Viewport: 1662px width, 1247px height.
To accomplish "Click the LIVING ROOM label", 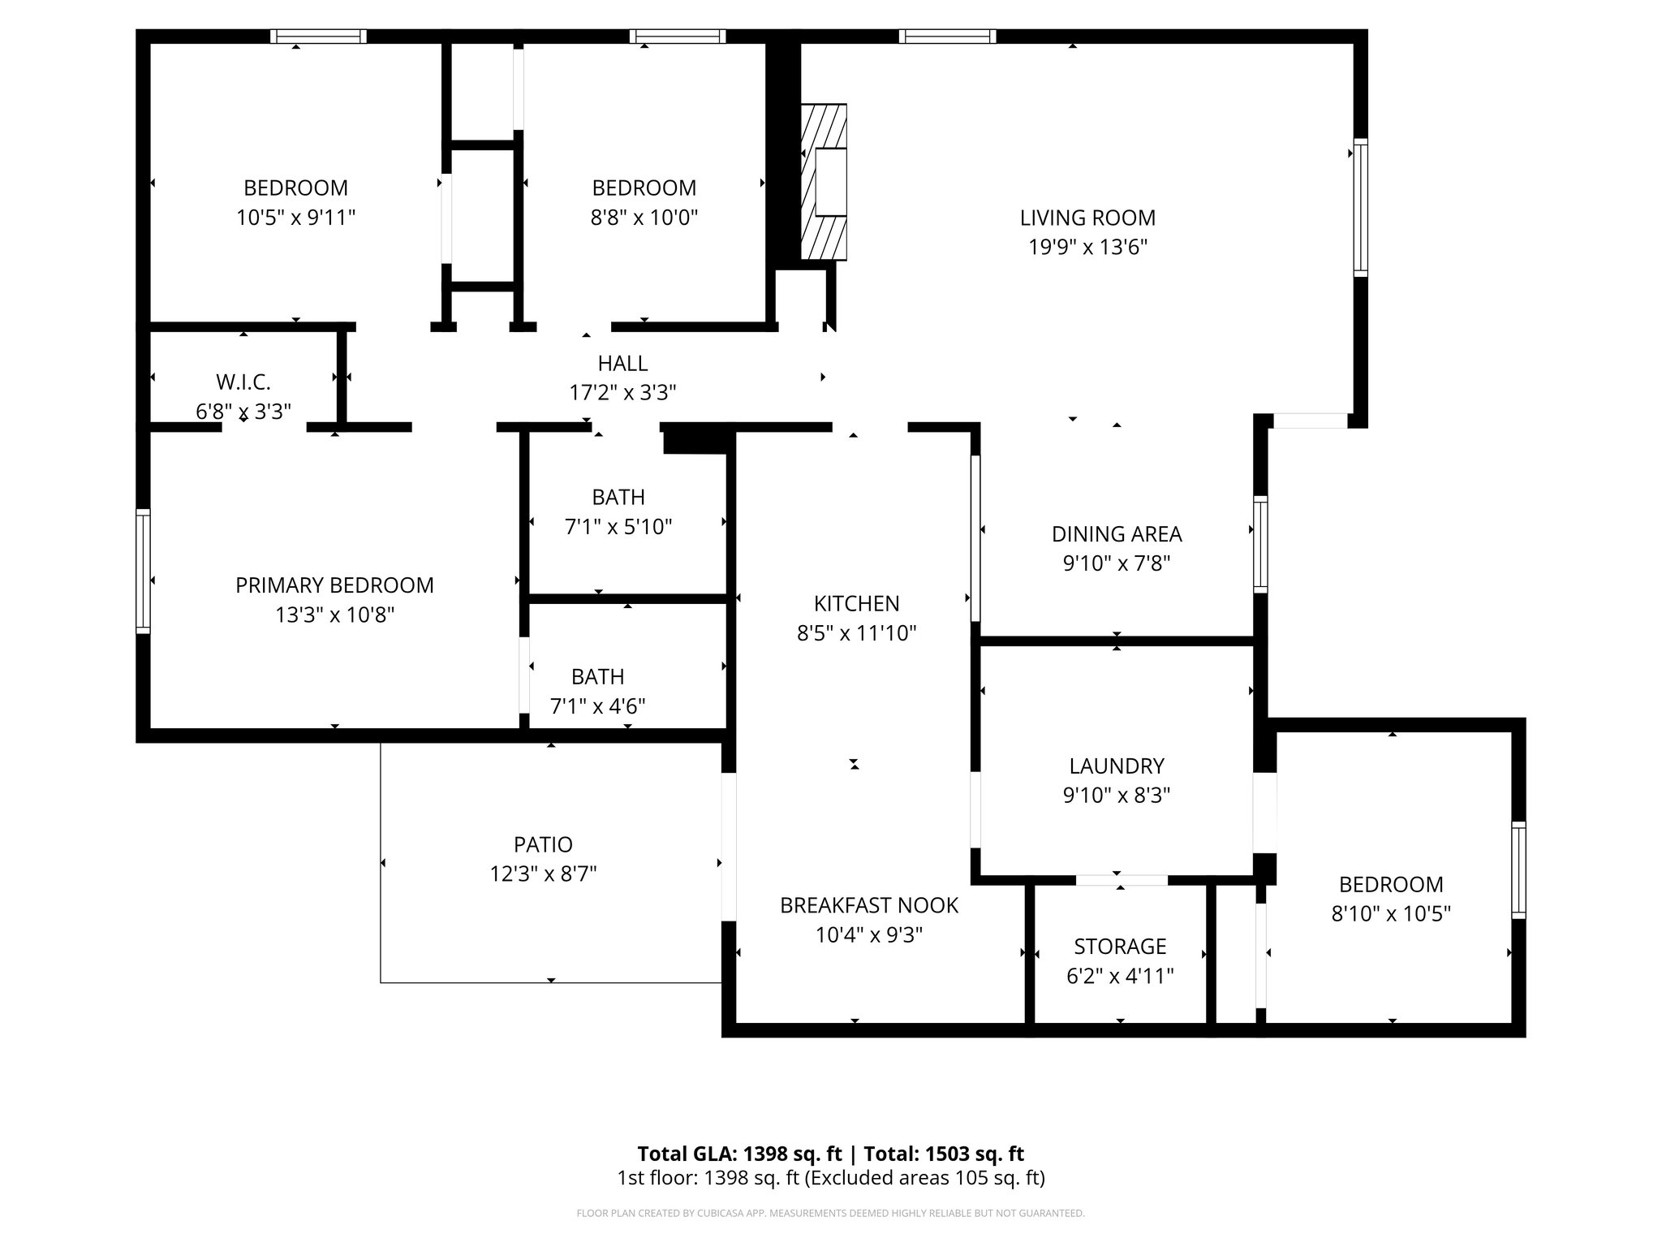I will click(1087, 218).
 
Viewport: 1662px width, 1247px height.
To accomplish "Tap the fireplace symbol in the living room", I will click(825, 182).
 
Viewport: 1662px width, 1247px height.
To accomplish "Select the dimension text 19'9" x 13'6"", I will click(1087, 248).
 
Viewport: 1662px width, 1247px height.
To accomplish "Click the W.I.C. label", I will click(243, 382).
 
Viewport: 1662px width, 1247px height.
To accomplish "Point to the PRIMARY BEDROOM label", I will click(334, 585).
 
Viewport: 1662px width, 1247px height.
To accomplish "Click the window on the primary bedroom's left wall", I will click(143, 571).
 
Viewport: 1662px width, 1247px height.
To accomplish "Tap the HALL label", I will click(622, 363).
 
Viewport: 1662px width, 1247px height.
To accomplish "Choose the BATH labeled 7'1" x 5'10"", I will click(618, 497).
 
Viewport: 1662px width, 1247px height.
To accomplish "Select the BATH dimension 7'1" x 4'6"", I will click(598, 706).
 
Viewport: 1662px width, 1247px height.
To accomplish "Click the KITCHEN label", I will click(856, 603).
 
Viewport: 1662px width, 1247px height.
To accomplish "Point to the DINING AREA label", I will click(1117, 534).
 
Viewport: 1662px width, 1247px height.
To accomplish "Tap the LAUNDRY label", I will click(1117, 766).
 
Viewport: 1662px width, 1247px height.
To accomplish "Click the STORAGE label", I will click(1120, 946).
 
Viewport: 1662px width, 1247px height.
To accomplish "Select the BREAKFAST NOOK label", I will click(869, 905).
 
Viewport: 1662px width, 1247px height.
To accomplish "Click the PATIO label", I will click(543, 844).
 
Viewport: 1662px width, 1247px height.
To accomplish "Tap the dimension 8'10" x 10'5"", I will click(1391, 914).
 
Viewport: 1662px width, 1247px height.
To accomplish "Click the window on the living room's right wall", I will click(1360, 208).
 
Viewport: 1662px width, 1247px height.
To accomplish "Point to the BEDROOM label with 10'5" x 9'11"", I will click(295, 188).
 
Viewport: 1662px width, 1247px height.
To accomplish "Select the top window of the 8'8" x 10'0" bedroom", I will click(677, 36).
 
